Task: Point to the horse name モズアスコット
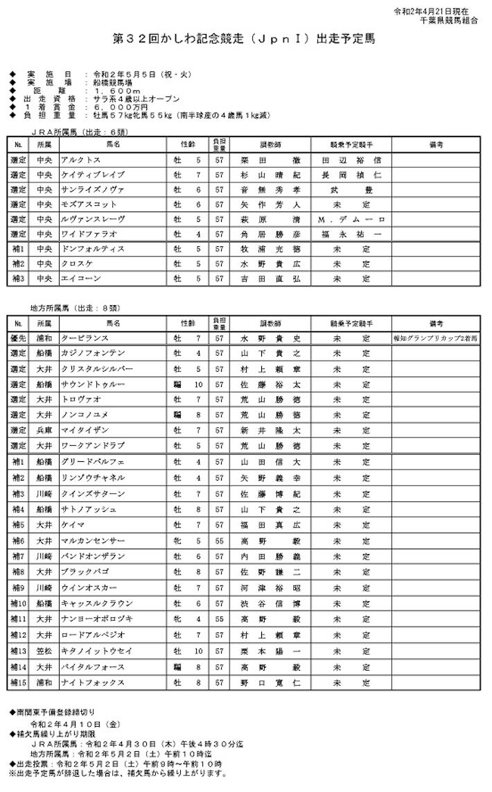(85, 205)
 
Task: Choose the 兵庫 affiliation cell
(44, 430)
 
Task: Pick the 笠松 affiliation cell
(44, 652)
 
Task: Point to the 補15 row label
(18, 683)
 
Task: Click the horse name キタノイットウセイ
(94, 652)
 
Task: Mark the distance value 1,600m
(114, 91)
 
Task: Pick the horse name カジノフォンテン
(93, 354)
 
